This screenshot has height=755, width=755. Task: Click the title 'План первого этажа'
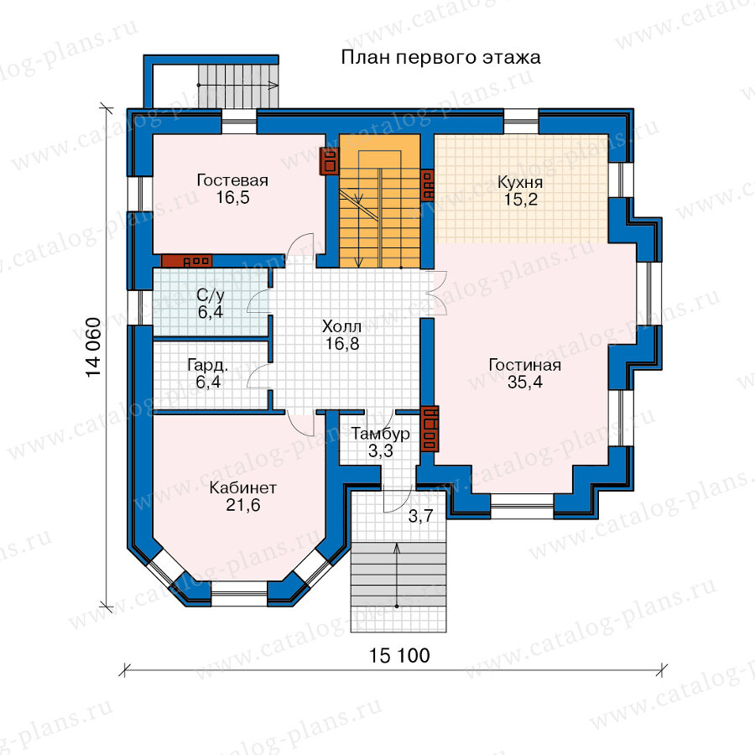coord(440,58)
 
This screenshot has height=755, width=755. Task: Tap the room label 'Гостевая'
coord(232,180)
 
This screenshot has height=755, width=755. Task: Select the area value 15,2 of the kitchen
coord(520,200)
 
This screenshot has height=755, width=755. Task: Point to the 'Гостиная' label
coord(525,365)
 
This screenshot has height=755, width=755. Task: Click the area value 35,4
coord(525,382)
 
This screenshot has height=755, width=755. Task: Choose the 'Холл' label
coord(342,326)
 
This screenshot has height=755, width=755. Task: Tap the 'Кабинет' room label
coord(243,487)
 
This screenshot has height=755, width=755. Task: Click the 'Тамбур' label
coord(380,434)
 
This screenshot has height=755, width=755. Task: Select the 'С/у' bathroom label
coord(211,294)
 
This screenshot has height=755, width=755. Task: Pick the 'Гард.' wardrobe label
coord(208,365)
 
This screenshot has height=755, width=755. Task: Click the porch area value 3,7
coord(420,517)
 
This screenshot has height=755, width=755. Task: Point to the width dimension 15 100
coord(399,655)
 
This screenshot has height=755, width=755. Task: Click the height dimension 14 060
coord(93,347)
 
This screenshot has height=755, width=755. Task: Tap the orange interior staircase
coord(380,200)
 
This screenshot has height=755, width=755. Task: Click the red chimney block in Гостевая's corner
coord(329,161)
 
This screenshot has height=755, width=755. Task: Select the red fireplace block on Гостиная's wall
coord(430,429)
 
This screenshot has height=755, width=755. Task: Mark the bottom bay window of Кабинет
coord(239,594)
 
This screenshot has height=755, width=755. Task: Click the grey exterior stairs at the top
coord(238,86)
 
